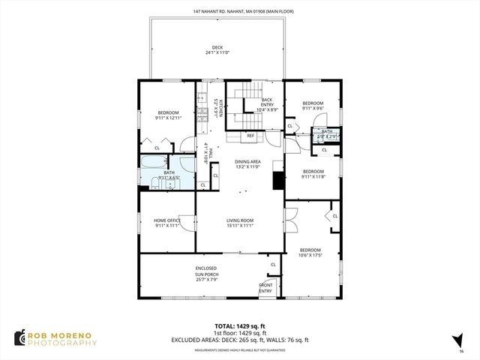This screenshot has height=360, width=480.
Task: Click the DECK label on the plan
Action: point(217,47)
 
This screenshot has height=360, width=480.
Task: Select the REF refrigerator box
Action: point(250,136)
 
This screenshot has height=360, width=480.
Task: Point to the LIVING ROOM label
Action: point(240,220)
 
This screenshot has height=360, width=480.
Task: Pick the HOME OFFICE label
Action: point(168,220)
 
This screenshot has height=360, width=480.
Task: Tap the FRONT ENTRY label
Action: point(265,287)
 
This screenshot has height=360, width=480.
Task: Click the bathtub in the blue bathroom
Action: point(151,163)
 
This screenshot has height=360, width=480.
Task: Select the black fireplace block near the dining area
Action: point(279,181)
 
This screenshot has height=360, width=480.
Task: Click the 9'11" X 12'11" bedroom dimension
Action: point(168,118)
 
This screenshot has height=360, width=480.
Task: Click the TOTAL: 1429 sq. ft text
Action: point(239,326)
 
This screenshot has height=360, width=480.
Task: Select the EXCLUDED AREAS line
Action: point(239,340)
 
